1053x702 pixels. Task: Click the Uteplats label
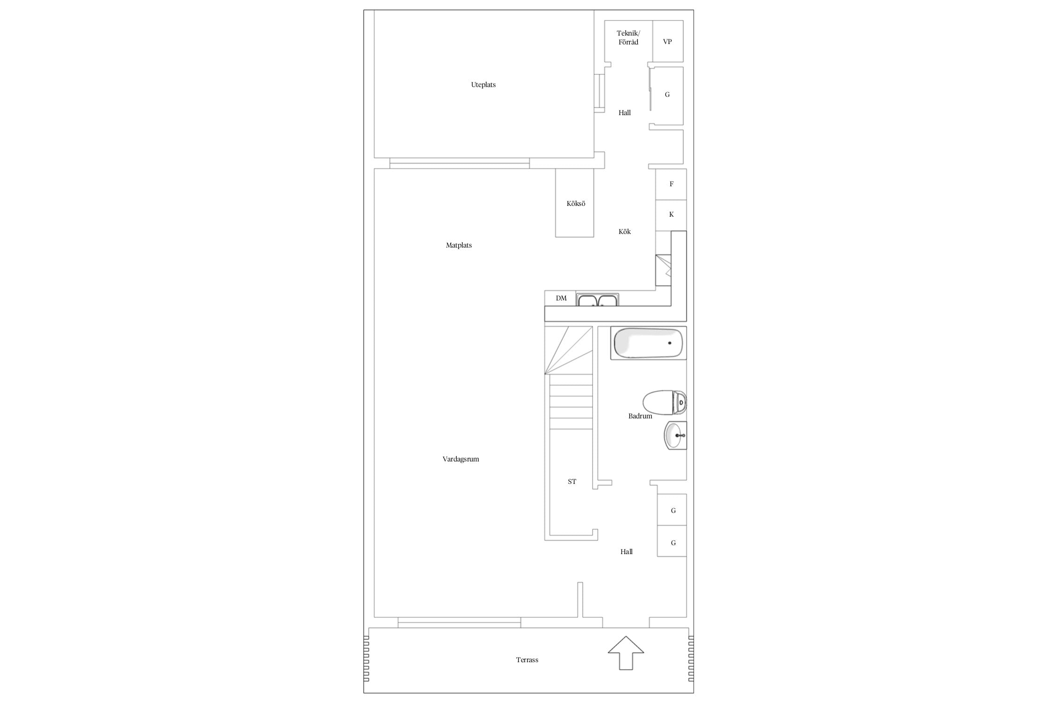tap(483, 85)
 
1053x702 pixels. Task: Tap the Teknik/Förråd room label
tap(628, 37)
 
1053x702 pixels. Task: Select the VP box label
tap(667, 42)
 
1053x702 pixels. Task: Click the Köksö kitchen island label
tap(576, 204)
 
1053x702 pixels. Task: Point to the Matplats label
tap(459, 245)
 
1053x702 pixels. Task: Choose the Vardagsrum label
tap(461, 459)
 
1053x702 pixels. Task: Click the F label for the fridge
tap(672, 184)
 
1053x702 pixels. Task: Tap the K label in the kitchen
tap(672, 214)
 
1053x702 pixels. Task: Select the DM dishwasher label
tap(561, 298)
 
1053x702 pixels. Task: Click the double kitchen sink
tap(598, 300)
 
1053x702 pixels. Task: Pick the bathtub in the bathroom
tap(648, 343)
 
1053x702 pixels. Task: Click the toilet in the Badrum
tap(665, 402)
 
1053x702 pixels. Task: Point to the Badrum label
tap(640, 416)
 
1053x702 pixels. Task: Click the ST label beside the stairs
tap(572, 482)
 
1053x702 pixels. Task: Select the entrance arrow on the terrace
tap(626, 652)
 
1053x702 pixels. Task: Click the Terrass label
tap(527, 660)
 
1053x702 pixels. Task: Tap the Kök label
tap(624, 232)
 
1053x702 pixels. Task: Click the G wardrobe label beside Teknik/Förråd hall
tap(667, 95)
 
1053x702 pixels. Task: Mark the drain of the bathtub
tap(670, 343)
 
